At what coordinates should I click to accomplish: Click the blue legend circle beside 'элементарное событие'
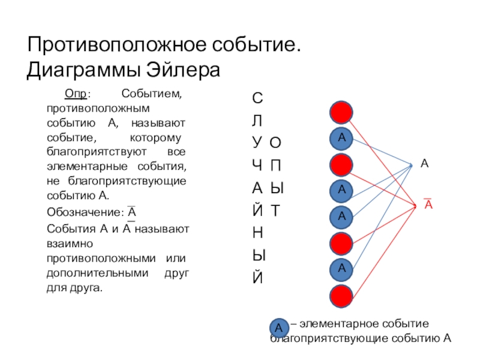279,328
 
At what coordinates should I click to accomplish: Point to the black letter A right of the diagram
424,163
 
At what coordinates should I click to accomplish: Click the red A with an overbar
429,205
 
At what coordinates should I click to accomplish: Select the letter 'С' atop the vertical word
257,97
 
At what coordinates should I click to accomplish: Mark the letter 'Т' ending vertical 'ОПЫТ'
275,210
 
